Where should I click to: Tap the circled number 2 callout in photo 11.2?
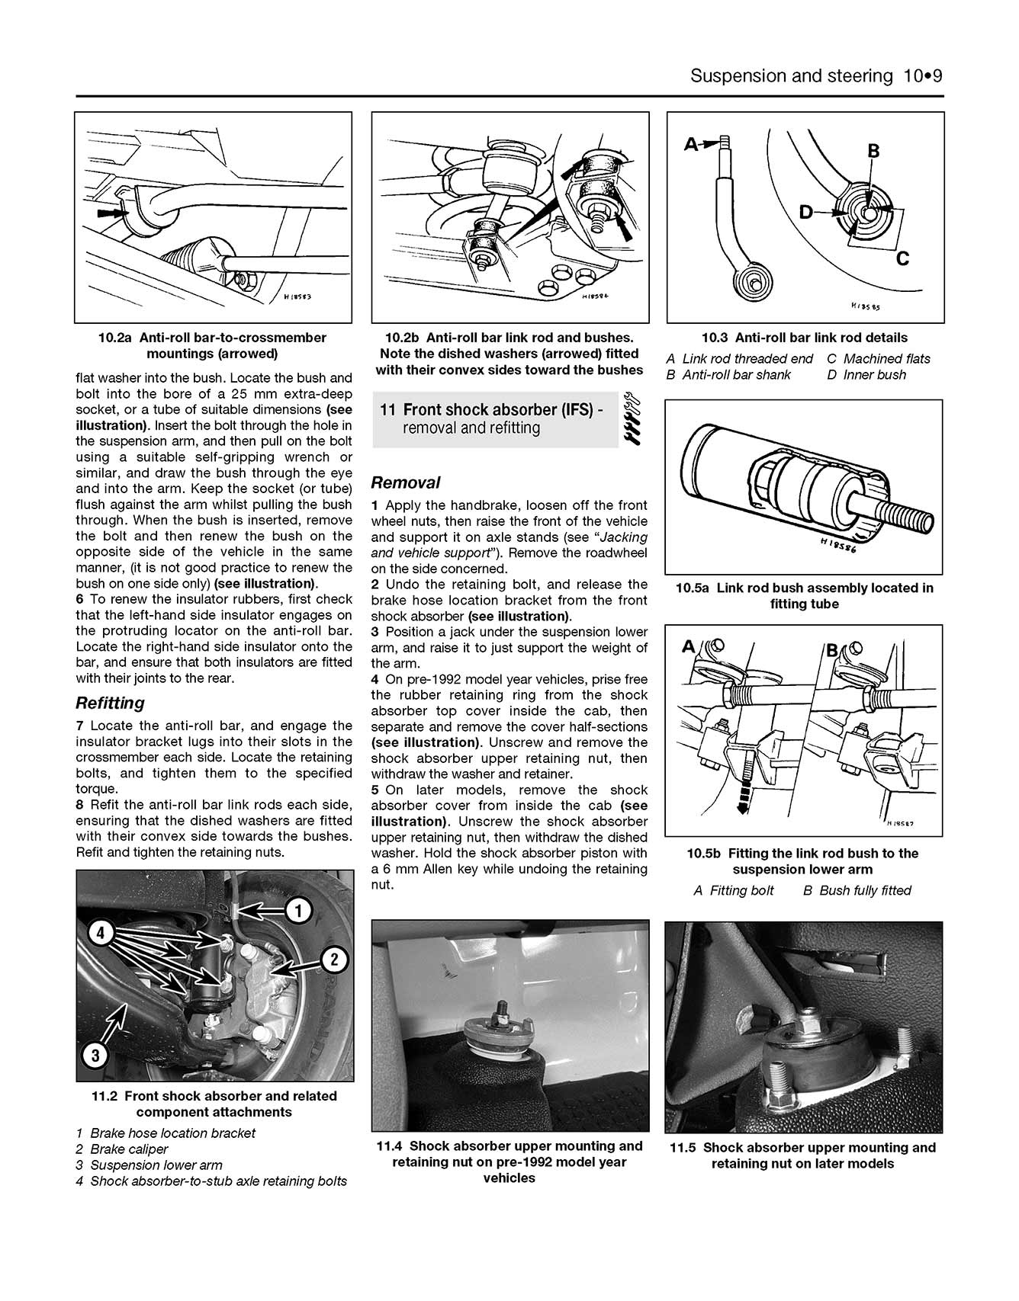334,960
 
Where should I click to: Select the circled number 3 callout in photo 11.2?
95,1056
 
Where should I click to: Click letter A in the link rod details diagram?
691,143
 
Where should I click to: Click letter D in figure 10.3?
806,213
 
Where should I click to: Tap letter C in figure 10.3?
902,258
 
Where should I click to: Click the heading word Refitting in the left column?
110,703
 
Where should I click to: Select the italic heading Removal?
405,482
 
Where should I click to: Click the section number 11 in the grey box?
387,410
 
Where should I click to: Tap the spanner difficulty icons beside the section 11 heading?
632,418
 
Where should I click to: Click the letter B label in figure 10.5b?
833,650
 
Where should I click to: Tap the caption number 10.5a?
692,588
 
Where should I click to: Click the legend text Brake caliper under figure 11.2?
129,1149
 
